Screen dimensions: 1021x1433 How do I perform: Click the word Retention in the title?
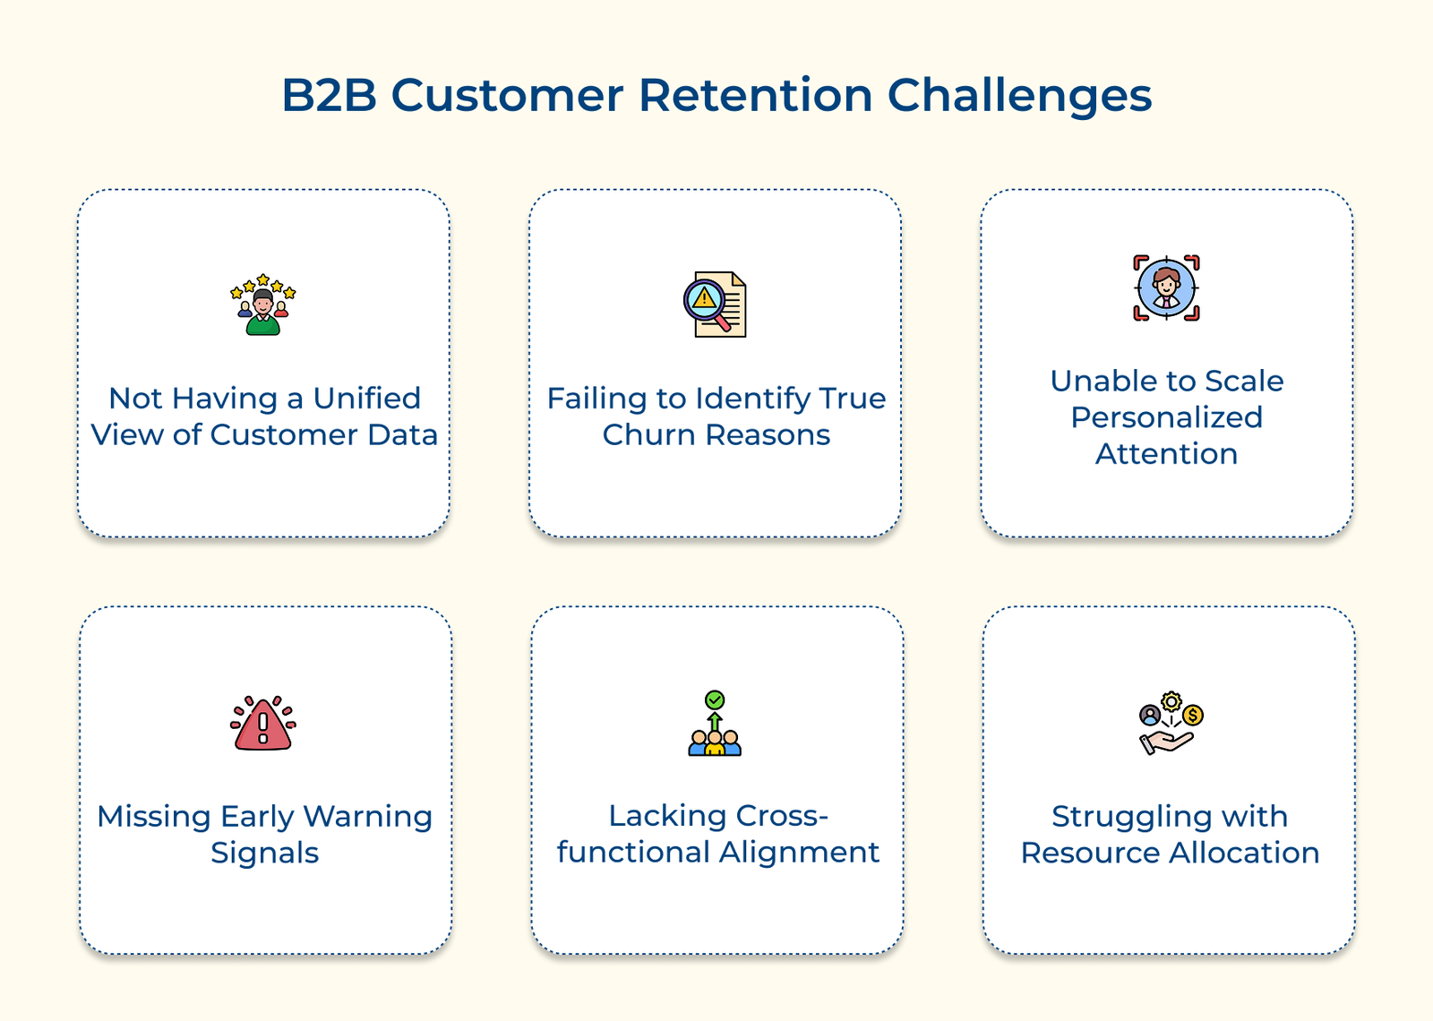[754, 95]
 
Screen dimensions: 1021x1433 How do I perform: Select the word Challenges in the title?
[1019, 97]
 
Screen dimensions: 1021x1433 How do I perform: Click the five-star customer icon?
[262, 305]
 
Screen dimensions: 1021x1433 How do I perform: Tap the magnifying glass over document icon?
[715, 305]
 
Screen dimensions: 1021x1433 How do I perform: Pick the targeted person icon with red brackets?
[1166, 287]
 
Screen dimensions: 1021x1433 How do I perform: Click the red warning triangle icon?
[262, 724]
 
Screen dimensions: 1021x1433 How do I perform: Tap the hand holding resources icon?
[1170, 724]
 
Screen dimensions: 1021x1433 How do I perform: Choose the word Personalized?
[1166, 417]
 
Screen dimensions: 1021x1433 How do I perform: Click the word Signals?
[264, 853]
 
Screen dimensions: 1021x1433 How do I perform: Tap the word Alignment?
[799, 852]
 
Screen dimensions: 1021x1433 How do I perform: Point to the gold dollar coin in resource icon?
[1192, 716]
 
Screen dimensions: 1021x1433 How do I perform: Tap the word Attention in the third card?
[1166, 454]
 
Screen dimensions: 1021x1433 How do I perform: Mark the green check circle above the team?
[715, 699]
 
